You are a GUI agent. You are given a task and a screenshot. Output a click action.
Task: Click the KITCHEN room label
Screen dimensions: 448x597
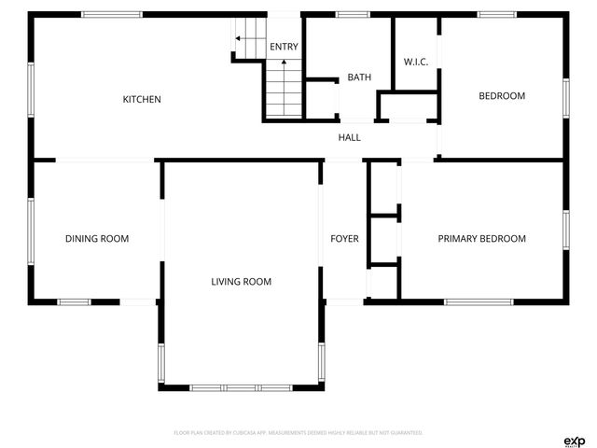click(x=143, y=99)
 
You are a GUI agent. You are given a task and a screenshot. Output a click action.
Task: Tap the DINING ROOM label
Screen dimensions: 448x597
click(x=97, y=239)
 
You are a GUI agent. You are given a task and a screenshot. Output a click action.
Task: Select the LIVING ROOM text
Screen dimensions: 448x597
click(x=241, y=281)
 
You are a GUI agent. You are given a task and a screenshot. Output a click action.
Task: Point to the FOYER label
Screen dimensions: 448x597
click(x=344, y=239)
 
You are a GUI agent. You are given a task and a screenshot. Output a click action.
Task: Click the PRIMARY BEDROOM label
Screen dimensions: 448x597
click(x=481, y=239)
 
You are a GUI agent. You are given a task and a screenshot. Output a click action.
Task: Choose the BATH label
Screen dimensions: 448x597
click(x=359, y=77)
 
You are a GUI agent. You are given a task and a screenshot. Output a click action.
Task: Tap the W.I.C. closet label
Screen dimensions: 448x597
click(x=415, y=62)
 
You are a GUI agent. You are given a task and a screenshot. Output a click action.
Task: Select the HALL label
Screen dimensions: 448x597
click(x=349, y=137)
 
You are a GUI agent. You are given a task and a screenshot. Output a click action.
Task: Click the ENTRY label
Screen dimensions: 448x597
click(x=284, y=47)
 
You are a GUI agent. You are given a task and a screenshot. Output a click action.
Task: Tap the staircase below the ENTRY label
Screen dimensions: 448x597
click(x=284, y=89)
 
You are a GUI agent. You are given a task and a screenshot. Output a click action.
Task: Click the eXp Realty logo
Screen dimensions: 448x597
click(x=574, y=441)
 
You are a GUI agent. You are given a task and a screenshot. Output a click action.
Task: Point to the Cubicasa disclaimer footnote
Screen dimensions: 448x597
click(x=298, y=433)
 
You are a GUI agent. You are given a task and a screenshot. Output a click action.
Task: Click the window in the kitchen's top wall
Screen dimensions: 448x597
click(x=112, y=15)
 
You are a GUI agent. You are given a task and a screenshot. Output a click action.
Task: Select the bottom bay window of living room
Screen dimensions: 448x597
click(x=242, y=386)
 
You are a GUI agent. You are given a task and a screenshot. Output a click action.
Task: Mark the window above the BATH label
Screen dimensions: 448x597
click(x=352, y=15)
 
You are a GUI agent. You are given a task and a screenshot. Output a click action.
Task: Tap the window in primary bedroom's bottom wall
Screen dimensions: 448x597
click(x=478, y=301)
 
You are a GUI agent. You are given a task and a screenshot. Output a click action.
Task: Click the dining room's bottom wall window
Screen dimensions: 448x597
click(x=75, y=301)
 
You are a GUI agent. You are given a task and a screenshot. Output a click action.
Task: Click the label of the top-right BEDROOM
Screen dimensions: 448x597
click(x=502, y=95)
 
